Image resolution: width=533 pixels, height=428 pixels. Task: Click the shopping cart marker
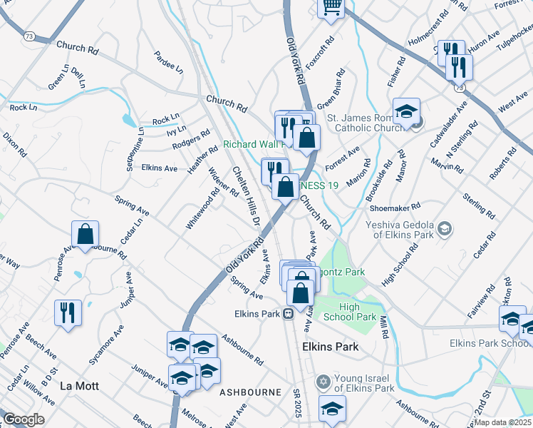click(331, 6)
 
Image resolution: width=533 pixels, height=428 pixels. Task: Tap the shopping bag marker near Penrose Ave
click(85, 235)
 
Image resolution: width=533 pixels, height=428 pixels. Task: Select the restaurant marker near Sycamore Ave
click(68, 313)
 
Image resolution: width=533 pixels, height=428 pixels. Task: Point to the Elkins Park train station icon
click(289, 313)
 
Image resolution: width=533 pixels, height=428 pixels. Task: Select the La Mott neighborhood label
click(78, 385)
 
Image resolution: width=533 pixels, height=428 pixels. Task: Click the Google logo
click(24, 419)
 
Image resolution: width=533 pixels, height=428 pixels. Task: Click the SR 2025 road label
click(297, 404)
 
